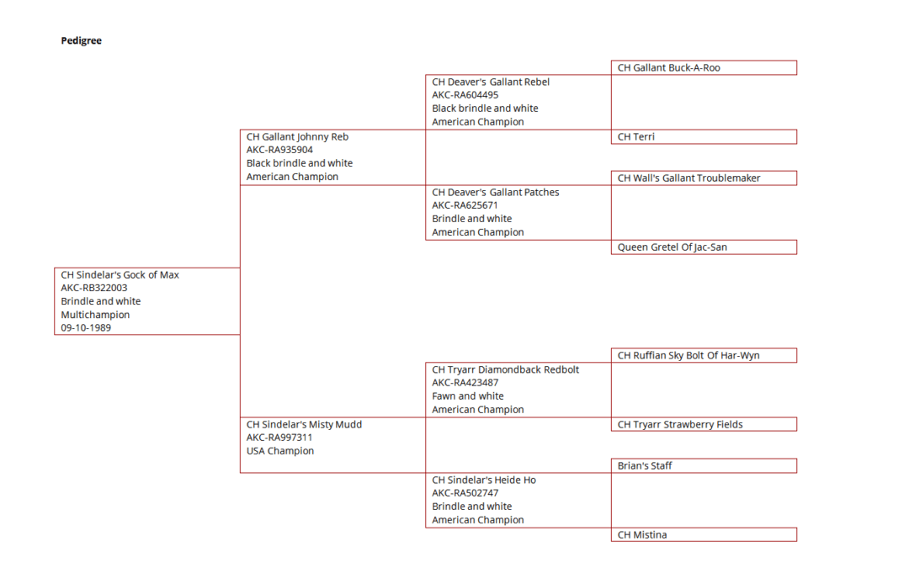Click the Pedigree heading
pyautogui.click(x=81, y=40)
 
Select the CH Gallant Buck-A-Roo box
pyautogui.click(x=704, y=68)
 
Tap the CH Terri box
pyautogui.click(x=704, y=137)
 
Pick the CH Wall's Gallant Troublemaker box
pyautogui.click(x=704, y=178)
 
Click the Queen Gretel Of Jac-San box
pyautogui.click(x=704, y=247)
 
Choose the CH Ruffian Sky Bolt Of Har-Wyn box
pyautogui.click(x=704, y=355)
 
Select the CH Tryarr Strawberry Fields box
pyautogui.click(x=704, y=424)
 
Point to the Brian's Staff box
pyautogui.click(x=704, y=465)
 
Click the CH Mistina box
pyautogui.click(x=704, y=534)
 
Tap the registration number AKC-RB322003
pyautogui.click(x=94, y=288)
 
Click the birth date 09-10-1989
pyautogui.click(x=86, y=328)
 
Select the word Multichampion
pyautogui.click(x=95, y=315)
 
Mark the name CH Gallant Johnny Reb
pyautogui.click(x=297, y=137)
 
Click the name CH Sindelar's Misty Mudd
pyautogui.click(x=304, y=424)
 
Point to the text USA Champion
pyautogui.click(x=280, y=451)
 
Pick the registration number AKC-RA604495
pyautogui.click(x=465, y=95)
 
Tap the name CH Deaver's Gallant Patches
pyautogui.click(x=496, y=193)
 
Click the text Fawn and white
pyautogui.click(x=468, y=396)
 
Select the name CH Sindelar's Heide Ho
pyautogui.click(x=484, y=480)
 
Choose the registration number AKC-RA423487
pyautogui.click(x=465, y=383)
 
